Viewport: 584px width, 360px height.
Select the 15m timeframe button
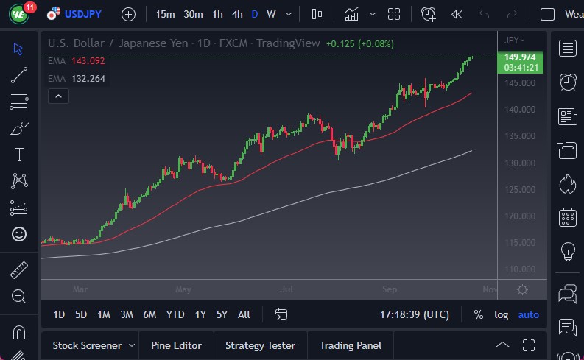(166, 14)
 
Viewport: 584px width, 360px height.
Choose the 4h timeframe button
(236, 14)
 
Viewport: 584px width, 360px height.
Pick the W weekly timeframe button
(271, 14)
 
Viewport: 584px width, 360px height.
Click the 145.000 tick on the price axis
(520, 82)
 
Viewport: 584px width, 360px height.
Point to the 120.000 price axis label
(520, 216)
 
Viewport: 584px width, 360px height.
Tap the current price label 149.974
(520, 57)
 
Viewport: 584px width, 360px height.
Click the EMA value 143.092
(88, 60)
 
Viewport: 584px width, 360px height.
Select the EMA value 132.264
(88, 78)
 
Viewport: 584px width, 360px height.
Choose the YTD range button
(175, 314)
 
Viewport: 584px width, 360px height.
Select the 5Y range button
(222, 314)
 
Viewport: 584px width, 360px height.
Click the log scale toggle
(501, 314)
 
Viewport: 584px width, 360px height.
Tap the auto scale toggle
(528, 314)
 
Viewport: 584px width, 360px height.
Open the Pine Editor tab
(176, 345)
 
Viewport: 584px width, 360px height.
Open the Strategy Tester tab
(260, 345)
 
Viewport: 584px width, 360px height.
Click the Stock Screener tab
(86, 345)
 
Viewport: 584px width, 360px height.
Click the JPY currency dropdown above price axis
(515, 40)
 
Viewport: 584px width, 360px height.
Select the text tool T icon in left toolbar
(19, 155)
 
